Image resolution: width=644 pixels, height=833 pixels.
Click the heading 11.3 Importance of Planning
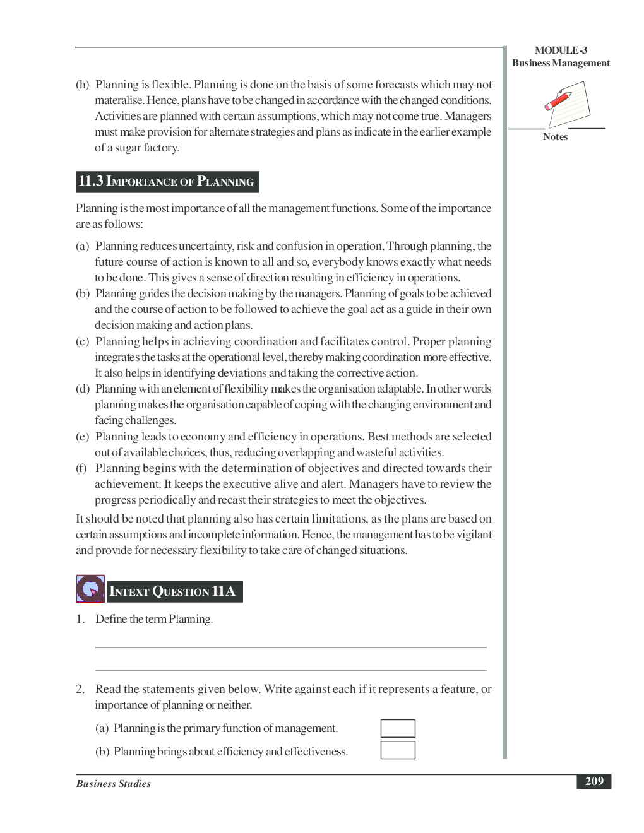pyautogui.click(x=167, y=182)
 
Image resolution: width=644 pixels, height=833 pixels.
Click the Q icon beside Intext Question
pyautogui.click(x=90, y=589)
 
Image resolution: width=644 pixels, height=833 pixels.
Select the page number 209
pyautogui.click(x=593, y=781)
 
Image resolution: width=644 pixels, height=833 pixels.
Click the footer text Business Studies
pyautogui.click(x=114, y=784)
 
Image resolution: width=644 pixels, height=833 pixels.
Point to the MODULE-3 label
pyautogui.click(x=561, y=50)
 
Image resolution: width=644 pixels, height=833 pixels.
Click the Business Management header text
pyautogui.click(x=561, y=63)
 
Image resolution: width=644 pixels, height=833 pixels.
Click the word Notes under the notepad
pyautogui.click(x=555, y=137)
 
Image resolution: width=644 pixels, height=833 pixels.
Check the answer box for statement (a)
pyautogui.click(x=398, y=728)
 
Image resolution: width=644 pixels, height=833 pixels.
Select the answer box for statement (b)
pyautogui.click(x=398, y=750)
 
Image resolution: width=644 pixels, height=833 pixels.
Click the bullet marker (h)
pyautogui.click(x=83, y=85)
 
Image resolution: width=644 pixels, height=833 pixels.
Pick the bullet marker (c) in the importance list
pyautogui.click(x=83, y=341)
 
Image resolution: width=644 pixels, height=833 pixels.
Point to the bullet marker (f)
pyautogui.click(x=81, y=468)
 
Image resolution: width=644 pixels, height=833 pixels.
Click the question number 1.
pyautogui.click(x=80, y=619)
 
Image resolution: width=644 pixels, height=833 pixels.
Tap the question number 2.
pyautogui.click(x=80, y=689)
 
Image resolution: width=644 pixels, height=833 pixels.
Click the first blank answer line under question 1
pyautogui.click(x=290, y=647)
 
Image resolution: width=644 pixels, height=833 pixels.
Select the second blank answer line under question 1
pyautogui.click(x=290, y=670)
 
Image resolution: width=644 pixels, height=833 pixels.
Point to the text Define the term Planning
pyautogui.click(x=154, y=619)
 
